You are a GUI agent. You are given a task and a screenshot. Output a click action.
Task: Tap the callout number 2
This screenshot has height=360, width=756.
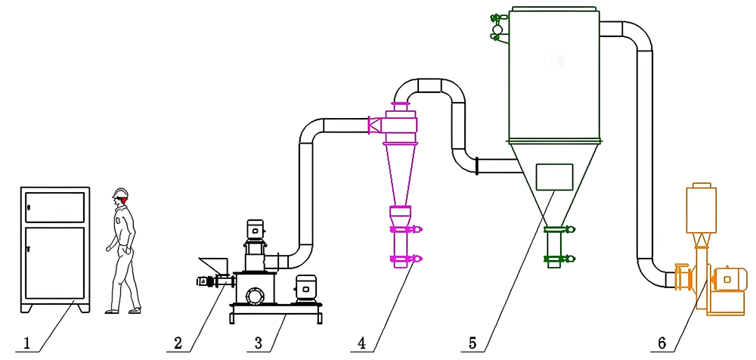tap(178, 343)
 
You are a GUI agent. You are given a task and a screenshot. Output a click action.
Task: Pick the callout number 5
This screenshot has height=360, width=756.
tap(472, 343)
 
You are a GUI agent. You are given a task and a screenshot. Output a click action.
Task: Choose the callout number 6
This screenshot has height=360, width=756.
tap(661, 343)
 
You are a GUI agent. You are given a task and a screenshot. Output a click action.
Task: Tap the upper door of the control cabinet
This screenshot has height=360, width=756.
tap(54, 206)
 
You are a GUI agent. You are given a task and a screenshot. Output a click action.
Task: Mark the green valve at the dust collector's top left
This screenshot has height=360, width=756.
tap(497, 25)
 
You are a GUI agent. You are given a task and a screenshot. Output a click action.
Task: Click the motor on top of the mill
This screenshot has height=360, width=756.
tap(255, 231)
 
